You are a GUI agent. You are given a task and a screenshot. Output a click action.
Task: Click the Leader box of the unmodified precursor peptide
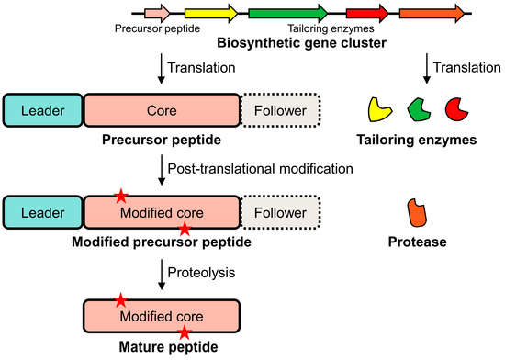tap(43, 111)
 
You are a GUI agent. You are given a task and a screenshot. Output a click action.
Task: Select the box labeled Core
tap(162, 111)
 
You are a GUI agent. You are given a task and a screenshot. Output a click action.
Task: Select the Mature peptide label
tap(162, 348)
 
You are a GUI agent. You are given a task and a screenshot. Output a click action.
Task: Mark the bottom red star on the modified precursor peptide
tap(185, 228)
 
